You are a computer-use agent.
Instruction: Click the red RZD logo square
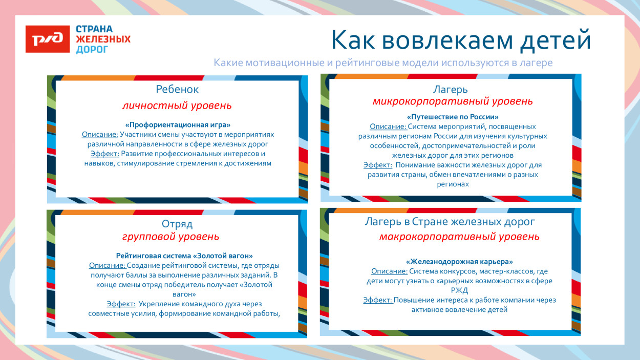[48, 39]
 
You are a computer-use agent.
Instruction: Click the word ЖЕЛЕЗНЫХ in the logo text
[103, 39]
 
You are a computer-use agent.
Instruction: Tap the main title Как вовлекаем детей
[460, 40]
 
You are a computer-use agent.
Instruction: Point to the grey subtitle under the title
[383, 63]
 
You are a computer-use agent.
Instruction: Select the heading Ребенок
[177, 89]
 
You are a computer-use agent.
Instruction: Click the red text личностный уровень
[177, 106]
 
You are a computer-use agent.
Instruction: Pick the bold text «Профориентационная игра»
[178, 124]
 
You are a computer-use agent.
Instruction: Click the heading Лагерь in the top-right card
[451, 90]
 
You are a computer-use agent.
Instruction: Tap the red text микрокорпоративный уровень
[452, 101]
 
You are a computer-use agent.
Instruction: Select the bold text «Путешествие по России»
[453, 117]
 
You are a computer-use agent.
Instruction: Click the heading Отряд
[177, 224]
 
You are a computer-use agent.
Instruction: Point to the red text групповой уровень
[170, 237]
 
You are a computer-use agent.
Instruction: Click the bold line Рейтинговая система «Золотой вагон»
[184, 256]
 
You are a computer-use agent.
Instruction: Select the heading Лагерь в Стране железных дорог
[450, 222]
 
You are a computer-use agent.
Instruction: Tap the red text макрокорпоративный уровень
[459, 237]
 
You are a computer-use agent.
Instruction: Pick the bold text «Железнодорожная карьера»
[459, 261]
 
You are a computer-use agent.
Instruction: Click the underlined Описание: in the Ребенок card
[100, 134]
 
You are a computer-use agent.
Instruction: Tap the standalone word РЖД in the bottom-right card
[459, 290]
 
